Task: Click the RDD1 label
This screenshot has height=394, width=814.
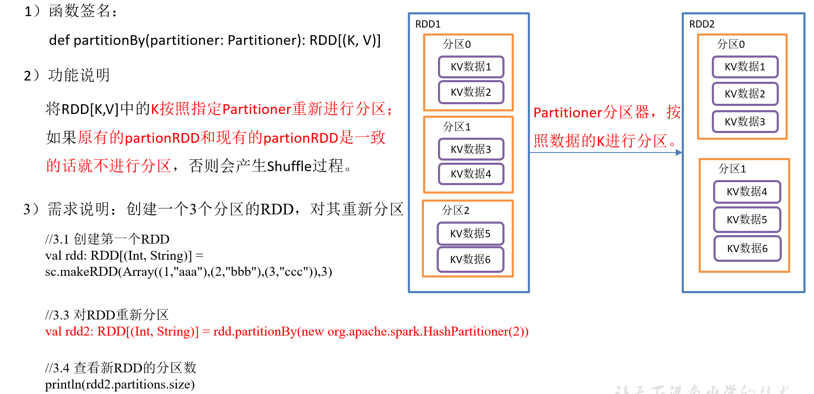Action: pyautogui.click(x=428, y=24)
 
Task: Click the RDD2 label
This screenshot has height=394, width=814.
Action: pyautogui.click(x=702, y=24)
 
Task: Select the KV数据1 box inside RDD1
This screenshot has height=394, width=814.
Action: pyautogui.click(x=471, y=67)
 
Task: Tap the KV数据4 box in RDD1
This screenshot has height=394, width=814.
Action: pyautogui.click(x=471, y=174)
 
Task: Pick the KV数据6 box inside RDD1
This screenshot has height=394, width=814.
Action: pyautogui.click(x=471, y=259)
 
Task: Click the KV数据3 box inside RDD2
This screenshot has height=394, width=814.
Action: pyautogui.click(x=745, y=122)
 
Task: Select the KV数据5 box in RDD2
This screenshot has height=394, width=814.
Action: pyautogui.click(x=747, y=220)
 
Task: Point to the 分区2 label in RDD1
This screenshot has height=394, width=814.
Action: pyautogui.click(x=455, y=211)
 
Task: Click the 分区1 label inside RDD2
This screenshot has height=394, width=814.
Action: pyautogui.click(x=732, y=169)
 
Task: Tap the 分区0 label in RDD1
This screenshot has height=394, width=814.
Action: pyautogui.click(x=457, y=44)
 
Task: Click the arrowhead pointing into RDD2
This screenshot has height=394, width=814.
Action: pyautogui.click(x=679, y=153)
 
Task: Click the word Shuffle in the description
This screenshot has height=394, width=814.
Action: pyautogui.click(x=290, y=166)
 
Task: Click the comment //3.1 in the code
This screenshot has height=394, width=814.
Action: pyautogui.click(x=57, y=239)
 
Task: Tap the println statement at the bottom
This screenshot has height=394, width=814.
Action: pyautogui.click(x=120, y=384)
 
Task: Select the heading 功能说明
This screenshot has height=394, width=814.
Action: pyautogui.click(x=79, y=75)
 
